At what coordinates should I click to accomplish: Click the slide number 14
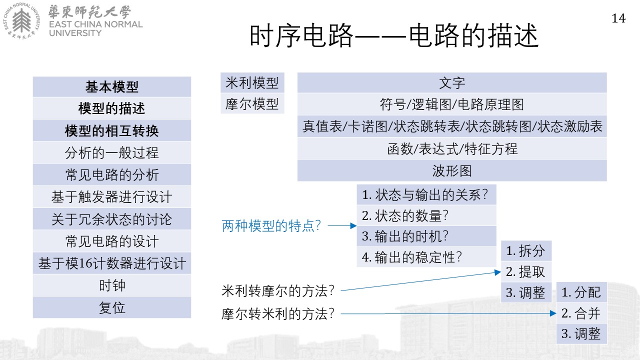(618, 18)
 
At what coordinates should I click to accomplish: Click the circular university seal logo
(21, 21)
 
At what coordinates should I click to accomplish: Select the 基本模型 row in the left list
(112, 86)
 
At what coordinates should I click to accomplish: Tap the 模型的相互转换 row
(112, 130)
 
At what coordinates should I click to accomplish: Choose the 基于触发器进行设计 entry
(112, 197)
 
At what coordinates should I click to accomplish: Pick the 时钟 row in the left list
(112, 285)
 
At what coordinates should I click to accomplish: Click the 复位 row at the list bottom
(112, 307)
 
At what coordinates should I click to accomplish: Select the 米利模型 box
(252, 82)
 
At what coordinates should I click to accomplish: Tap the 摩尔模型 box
(252, 103)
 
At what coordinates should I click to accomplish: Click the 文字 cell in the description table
(452, 82)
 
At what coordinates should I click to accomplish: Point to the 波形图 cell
(452, 170)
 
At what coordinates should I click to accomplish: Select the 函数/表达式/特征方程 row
(452, 148)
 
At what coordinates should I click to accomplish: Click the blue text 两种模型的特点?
(271, 226)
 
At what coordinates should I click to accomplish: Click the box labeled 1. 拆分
(526, 251)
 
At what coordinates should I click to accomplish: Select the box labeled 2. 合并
(581, 313)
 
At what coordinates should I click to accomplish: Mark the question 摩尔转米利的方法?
(277, 313)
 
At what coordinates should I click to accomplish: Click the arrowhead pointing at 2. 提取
(497, 272)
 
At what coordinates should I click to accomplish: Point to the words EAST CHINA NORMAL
(96, 24)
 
